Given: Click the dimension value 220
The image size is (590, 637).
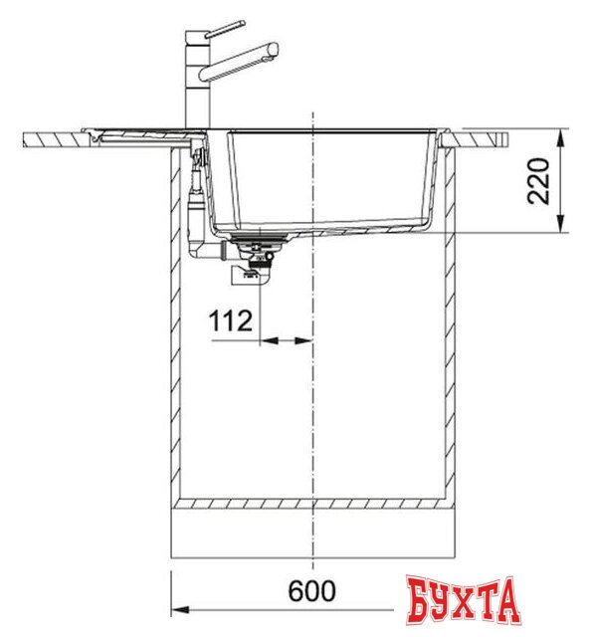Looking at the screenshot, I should (x=538, y=180).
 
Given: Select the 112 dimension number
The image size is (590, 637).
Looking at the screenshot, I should (x=230, y=321).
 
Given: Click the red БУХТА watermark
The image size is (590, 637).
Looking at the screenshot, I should (x=464, y=600).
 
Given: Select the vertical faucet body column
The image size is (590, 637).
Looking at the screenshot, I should (x=191, y=85).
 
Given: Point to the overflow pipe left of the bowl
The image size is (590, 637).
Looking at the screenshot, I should (x=196, y=199).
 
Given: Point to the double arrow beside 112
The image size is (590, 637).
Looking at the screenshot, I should (x=288, y=340).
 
